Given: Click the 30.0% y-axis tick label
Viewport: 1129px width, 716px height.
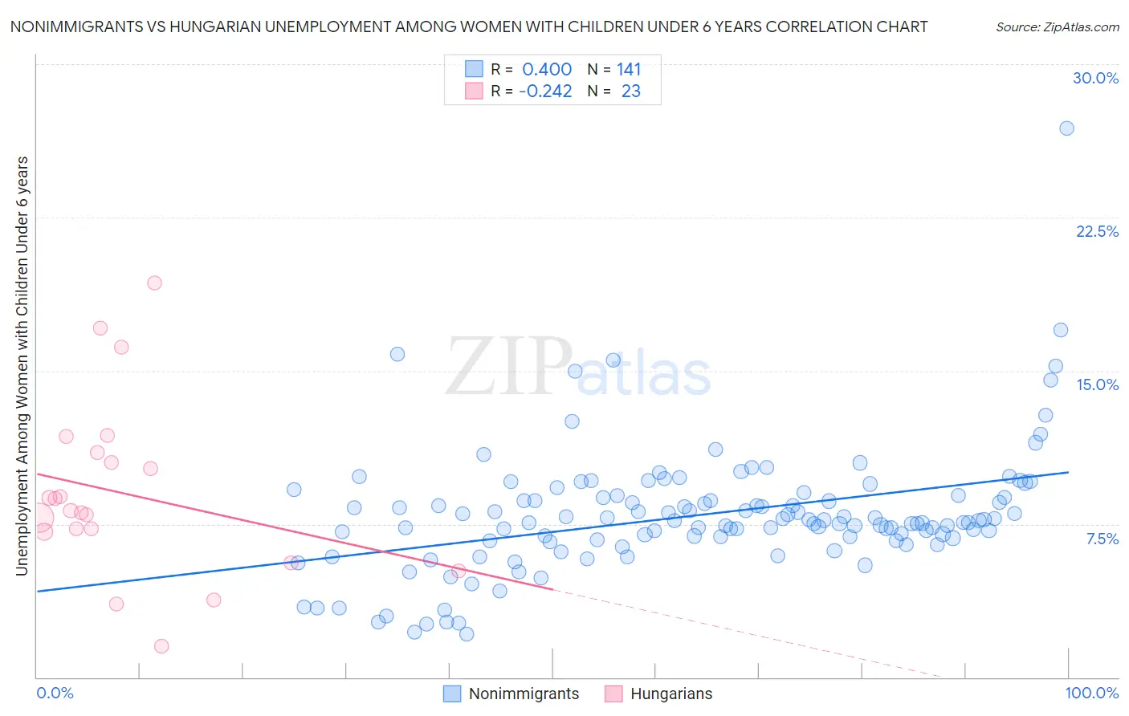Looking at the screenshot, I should [x=1095, y=78].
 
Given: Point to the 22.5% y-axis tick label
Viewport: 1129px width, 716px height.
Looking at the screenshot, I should [x=1097, y=231].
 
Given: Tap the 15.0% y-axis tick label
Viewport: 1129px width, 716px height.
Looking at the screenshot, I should [x=1097, y=384].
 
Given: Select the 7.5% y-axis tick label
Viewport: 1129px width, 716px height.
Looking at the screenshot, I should [x=1102, y=539].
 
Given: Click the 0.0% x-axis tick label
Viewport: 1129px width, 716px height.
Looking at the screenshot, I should [x=55, y=693].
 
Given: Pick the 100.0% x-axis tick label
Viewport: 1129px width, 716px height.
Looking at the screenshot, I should [x=1091, y=693].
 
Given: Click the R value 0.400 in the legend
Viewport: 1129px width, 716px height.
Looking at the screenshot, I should [x=547, y=69].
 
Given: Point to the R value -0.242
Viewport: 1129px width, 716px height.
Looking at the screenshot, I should [x=545, y=92].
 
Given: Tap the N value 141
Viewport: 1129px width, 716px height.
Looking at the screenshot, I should [x=629, y=69].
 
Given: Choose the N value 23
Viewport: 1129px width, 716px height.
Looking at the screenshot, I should [x=630, y=92].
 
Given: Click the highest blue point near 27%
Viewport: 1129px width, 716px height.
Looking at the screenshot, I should [x=1066, y=128].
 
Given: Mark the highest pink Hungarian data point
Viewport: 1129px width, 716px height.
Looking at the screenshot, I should [x=154, y=283].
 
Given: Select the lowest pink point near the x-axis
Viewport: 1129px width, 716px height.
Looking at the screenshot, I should [x=161, y=646].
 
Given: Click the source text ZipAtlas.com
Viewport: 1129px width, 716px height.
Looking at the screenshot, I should [x=1057, y=26].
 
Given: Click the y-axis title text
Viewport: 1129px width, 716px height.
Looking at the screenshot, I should [x=22, y=365].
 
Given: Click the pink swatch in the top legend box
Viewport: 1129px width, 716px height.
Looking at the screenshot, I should [x=474, y=92].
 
